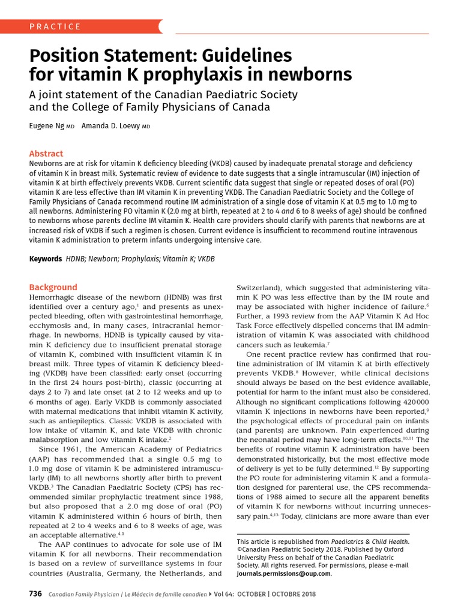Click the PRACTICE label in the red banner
coord(55,26)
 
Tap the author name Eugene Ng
coord(47,127)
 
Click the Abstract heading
coord(46,154)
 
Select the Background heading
coord(53,287)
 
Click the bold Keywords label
coord(46,259)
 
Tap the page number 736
coord(35,594)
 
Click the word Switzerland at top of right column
coord(260,288)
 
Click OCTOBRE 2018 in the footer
coord(289,594)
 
